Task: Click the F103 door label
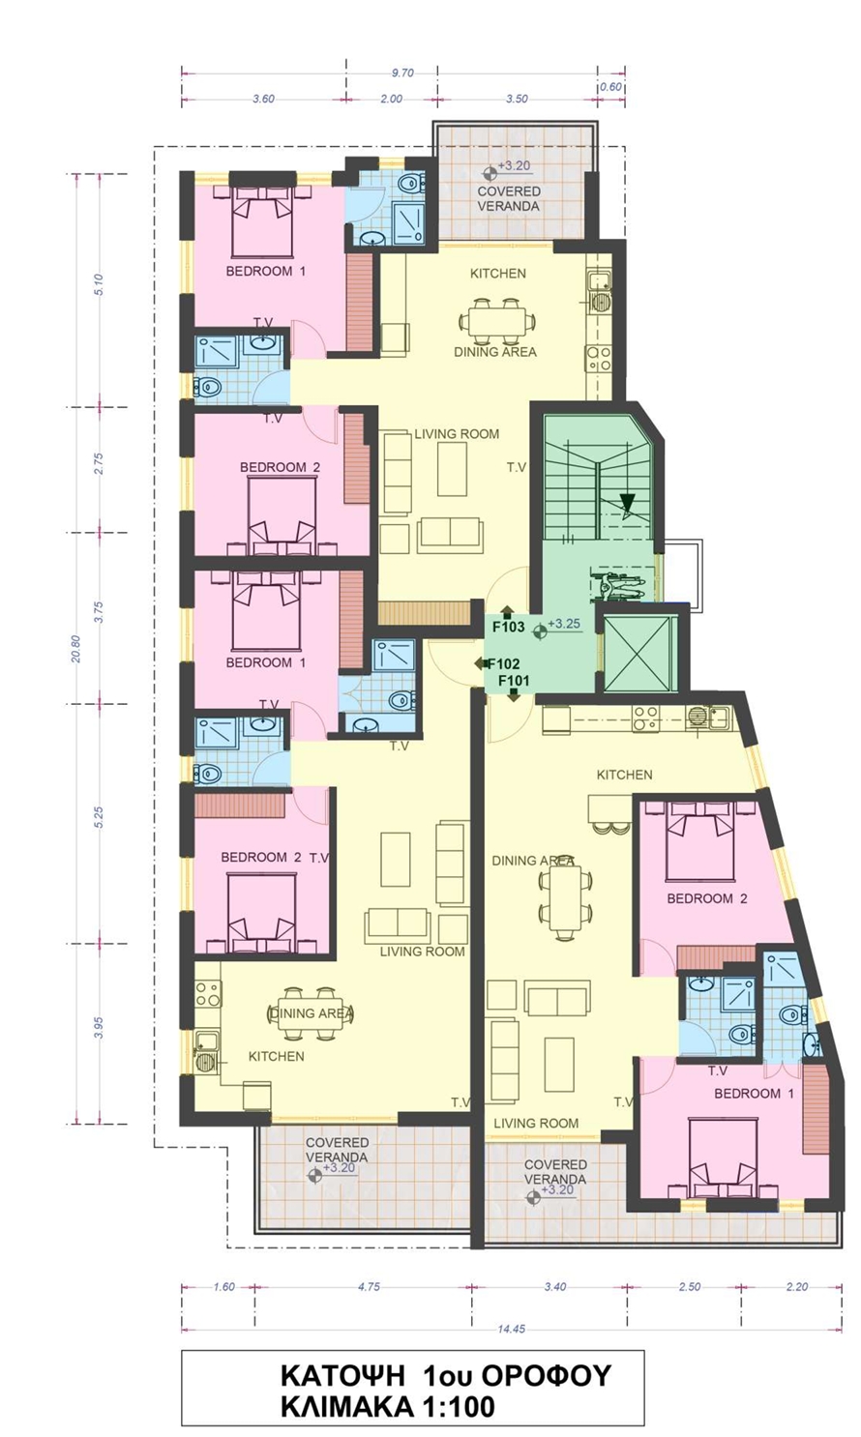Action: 509,627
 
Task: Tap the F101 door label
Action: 514,681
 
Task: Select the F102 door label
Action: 504,664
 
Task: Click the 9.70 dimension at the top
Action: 402,73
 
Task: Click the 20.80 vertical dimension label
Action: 76,649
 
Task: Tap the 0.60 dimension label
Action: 611,87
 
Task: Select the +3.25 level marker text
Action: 565,624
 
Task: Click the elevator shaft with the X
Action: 638,654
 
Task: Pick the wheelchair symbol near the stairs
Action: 616,585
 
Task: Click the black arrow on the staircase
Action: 627,504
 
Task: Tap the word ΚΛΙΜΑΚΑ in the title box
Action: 346,1407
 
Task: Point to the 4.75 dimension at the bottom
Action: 369,1286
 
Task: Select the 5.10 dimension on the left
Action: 98,285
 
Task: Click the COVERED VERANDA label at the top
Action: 509,199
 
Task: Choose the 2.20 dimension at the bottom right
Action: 796,1286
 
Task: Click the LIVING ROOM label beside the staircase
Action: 457,434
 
